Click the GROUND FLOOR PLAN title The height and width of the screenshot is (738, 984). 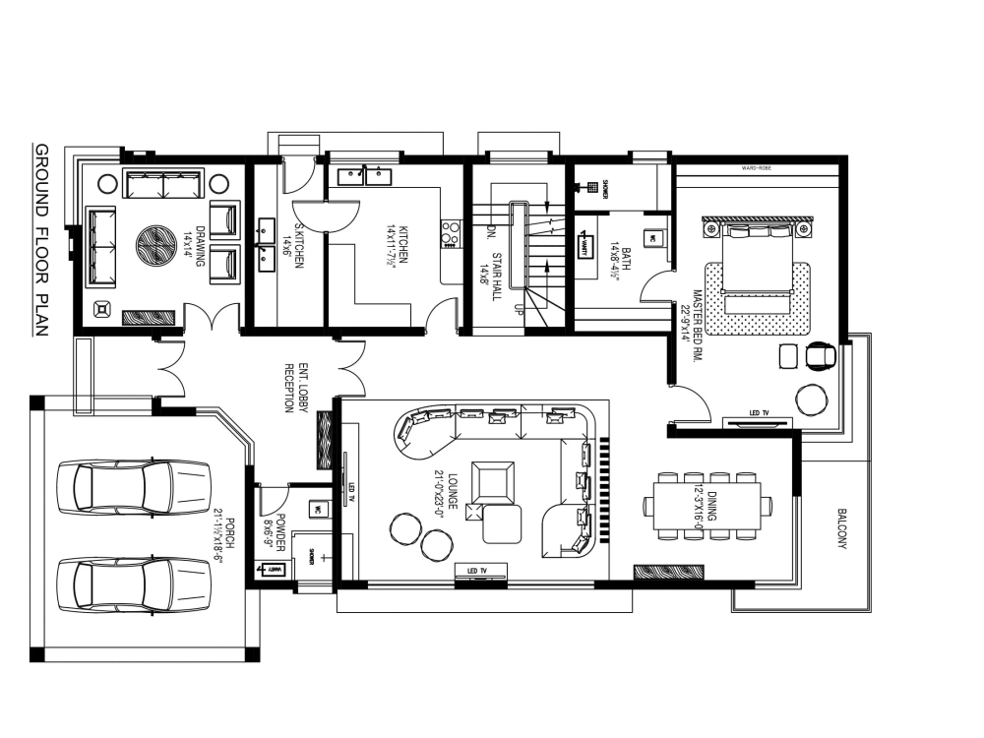pos(41,241)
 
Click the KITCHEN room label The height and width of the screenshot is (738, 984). pos(397,250)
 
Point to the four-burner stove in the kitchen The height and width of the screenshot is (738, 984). pos(451,232)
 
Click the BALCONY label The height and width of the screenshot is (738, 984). pos(842,528)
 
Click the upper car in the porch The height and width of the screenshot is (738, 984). pos(133,485)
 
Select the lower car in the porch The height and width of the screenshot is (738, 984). pos(133,586)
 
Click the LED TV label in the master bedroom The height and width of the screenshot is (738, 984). pos(758,412)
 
